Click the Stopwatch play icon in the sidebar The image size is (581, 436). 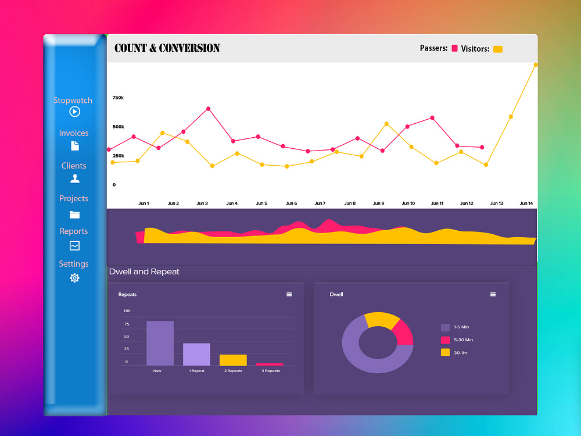(x=74, y=112)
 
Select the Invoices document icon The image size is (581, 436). (x=74, y=145)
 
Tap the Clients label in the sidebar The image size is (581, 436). (x=74, y=166)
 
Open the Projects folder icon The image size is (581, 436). (x=74, y=215)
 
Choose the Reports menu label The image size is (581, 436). (x=74, y=231)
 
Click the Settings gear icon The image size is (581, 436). (x=74, y=278)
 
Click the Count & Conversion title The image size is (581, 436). (x=167, y=48)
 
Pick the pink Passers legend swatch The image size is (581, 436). (x=454, y=49)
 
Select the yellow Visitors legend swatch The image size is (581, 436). (x=497, y=49)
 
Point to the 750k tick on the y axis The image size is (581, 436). (x=118, y=98)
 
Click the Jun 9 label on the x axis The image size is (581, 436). (x=378, y=203)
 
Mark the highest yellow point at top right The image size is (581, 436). (x=535, y=65)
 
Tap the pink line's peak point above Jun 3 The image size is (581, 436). (x=208, y=109)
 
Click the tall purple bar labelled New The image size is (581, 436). (x=160, y=343)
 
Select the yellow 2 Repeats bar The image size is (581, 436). (x=233, y=360)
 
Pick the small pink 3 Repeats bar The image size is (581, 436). (x=270, y=364)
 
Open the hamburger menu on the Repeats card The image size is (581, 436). (x=289, y=295)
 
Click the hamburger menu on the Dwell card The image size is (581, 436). (x=493, y=295)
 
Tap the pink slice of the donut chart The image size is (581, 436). (x=404, y=333)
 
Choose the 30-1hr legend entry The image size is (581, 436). (x=457, y=352)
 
